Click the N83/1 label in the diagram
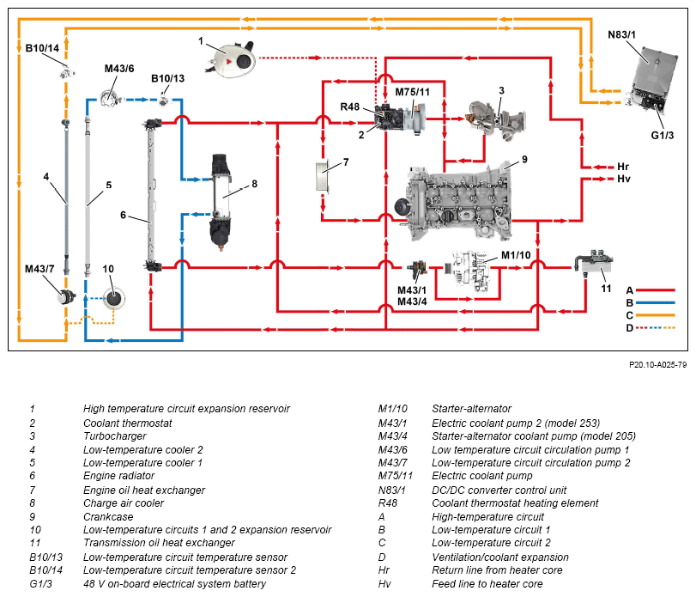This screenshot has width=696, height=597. [x=621, y=34]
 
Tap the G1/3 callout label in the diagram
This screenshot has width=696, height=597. [x=663, y=135]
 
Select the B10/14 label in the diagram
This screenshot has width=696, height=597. [x=42, y=48]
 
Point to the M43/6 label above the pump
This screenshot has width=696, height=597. [x=119, y=69]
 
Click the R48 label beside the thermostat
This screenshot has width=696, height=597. [x=350, y=107]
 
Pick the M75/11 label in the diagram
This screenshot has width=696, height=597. [x=412, y=92]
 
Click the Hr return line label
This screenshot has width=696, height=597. [x=623, y=167]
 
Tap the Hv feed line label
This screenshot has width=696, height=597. [x=623, y=179]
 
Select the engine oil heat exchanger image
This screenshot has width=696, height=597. [x=323, y=176]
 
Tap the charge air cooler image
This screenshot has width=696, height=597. [x=221, y=201]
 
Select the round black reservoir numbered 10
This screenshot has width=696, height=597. [x=113, y=298]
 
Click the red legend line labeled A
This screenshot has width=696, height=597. [x=655, y=290]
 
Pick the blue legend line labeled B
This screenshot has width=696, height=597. [x=655, y=302]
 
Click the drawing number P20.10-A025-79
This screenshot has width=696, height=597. [x=658, y=365]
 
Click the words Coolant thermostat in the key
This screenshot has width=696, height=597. [x=127, y=423]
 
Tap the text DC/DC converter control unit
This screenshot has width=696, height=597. [x=499, y=490]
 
